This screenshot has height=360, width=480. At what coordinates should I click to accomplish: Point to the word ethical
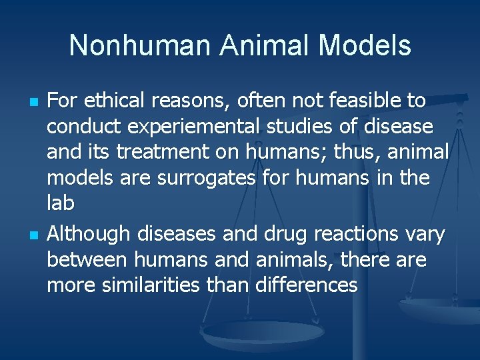coord(113,101)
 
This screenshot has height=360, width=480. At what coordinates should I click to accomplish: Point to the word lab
coord(60,203)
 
